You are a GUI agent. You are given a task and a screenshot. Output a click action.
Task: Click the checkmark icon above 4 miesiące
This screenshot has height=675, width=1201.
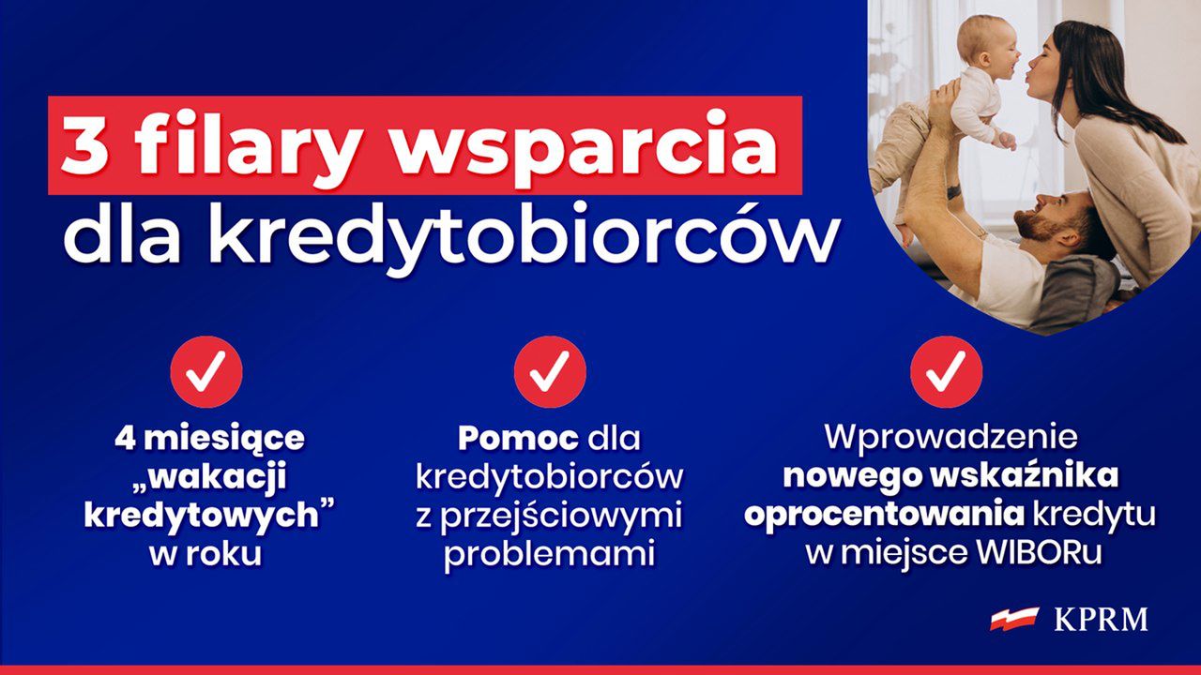[206, 372]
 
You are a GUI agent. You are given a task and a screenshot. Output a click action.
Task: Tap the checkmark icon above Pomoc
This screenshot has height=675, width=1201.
[550, 372]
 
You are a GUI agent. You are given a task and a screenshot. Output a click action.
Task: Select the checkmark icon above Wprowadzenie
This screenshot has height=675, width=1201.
[947, 372]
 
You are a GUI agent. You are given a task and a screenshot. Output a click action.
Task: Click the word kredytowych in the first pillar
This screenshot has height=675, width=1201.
[203, 515]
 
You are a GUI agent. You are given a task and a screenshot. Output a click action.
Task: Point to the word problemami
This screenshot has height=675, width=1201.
[549, 554]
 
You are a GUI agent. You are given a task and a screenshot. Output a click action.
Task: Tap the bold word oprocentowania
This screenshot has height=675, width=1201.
[883, 515]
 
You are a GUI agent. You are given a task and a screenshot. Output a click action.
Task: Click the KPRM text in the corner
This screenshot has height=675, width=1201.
[1101, 620]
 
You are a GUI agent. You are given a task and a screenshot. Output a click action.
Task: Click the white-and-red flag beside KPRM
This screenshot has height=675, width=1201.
[1015, 619]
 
